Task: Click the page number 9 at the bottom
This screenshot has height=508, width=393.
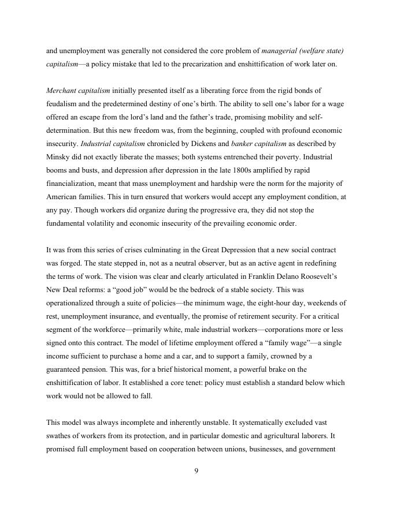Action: (x=196, y=471)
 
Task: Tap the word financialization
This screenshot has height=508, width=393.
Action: (x=73, y=183)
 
